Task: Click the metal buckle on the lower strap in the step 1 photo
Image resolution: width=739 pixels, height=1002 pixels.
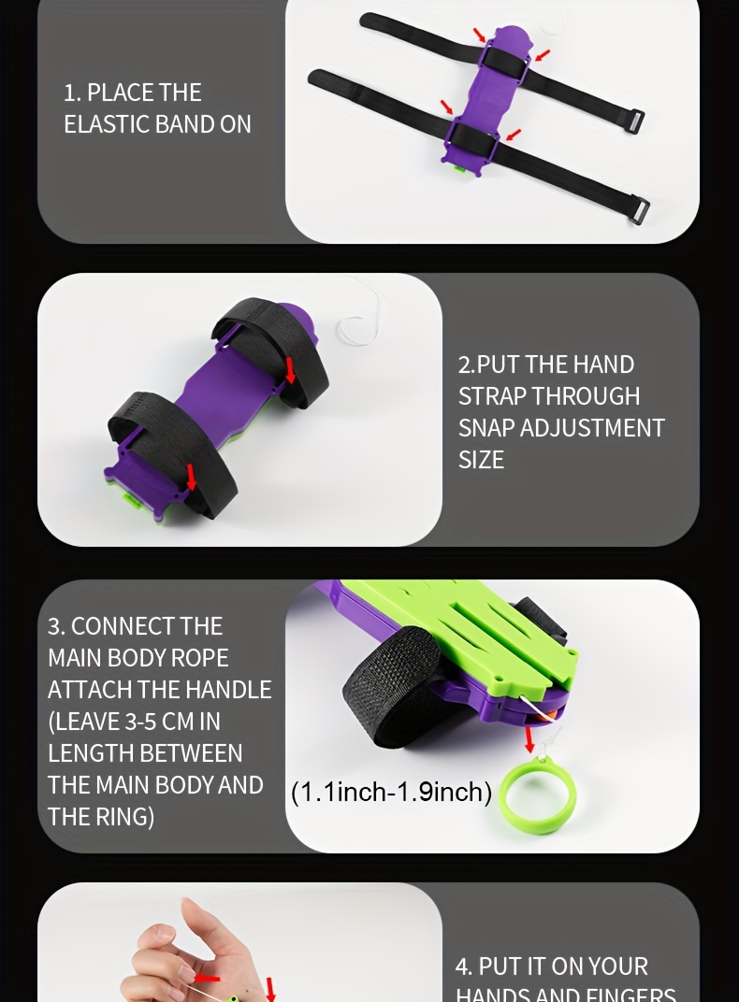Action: click(x=640, y=209)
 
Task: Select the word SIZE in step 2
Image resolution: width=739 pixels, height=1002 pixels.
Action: click(x=481, y=460)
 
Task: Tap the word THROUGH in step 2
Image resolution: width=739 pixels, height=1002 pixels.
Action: click(x=586, y=396)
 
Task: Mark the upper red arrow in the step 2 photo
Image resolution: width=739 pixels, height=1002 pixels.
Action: click(x=290, y=370)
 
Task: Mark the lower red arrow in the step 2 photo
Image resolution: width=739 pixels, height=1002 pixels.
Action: click(x=192, y=477)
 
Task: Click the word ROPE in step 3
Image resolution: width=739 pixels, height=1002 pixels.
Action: click(x=200, y=658)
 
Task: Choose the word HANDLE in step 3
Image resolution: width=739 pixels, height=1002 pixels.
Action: click(x=228, y=690)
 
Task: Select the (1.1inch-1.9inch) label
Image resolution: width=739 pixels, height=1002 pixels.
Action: click(x=391, y=793)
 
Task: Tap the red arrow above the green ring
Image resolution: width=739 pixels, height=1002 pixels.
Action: click(x=529, y=738)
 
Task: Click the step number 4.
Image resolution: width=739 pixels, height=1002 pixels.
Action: click(x=462, y=966)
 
